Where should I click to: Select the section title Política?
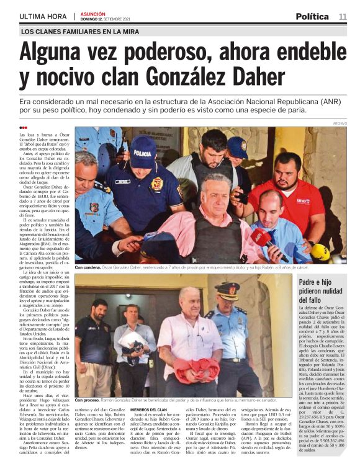(312, 17)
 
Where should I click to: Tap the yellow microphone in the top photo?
(320, 251)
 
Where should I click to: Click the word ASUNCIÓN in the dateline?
(92, 13)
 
